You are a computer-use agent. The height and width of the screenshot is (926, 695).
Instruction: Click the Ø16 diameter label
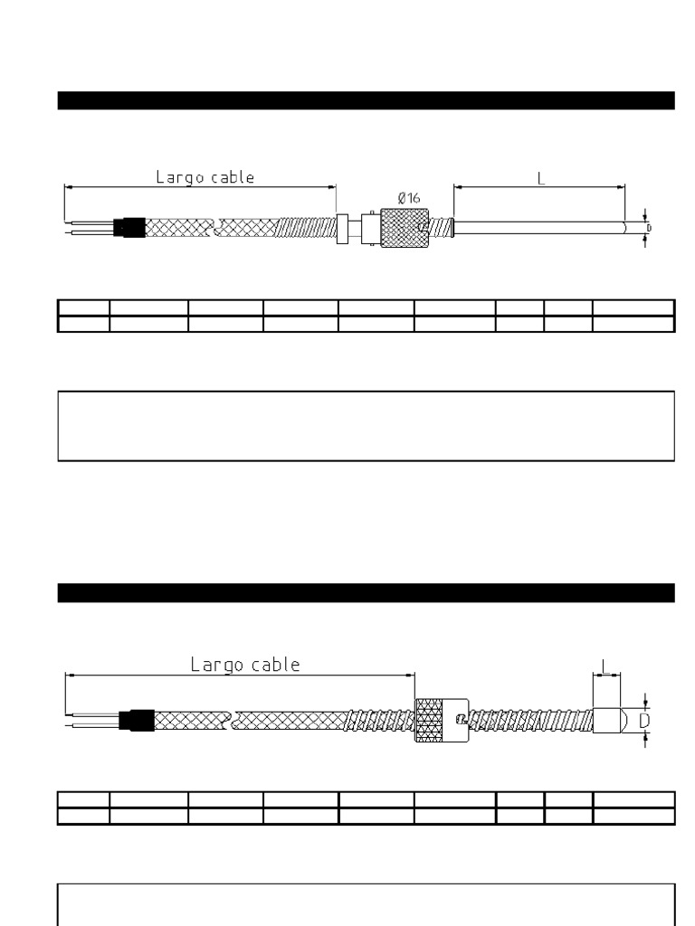click(408, 197)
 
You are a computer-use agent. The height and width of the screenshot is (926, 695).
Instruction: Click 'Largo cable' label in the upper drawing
click(205, 177)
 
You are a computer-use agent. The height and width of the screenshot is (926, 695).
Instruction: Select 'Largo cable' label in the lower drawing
click(245, 665)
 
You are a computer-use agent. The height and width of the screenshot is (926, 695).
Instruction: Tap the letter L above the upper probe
click(541, 178)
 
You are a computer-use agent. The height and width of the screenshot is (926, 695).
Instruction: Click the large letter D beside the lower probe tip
click(645, 721)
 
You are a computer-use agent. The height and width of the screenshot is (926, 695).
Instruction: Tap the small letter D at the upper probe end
click(648, 227)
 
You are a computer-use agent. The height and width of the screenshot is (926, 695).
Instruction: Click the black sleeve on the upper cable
click(130, 226)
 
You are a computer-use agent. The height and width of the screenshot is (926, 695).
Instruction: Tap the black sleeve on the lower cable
click(138, 721)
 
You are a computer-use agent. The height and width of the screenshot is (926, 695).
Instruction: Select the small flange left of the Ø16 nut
click(342, 227)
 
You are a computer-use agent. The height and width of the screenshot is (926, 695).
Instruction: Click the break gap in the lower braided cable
click(233, 721)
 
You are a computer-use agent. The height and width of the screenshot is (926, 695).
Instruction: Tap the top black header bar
click(366, 100)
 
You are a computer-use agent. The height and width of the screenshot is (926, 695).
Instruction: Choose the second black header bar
click(366, 592)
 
